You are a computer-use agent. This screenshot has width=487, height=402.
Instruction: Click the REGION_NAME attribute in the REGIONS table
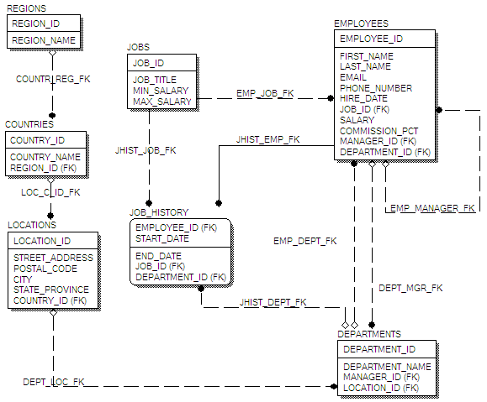click(44, 40)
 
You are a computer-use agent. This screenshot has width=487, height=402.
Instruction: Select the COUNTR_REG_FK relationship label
click(53, 79)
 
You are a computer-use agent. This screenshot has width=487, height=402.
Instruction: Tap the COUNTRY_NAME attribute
click(45, 157)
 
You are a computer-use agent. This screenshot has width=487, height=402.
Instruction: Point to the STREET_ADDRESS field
click(53, 258)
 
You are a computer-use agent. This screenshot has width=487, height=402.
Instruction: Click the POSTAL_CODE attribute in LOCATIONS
click(45, 269)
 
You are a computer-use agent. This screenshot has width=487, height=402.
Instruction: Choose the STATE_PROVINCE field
click(51, 290)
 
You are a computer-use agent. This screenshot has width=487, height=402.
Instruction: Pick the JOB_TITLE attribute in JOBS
click(155, 80)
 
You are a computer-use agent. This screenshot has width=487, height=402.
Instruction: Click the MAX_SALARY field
click(161, 102)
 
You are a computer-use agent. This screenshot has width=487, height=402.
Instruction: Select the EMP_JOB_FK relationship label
click(265, 93)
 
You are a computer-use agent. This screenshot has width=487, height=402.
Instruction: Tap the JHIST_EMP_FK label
click(267, 139)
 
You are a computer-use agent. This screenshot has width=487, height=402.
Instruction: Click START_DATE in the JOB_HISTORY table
click(162, 238)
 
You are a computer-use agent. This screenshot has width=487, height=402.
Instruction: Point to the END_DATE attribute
click(158, 256)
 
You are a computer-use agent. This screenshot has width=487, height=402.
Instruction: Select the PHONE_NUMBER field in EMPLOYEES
click(376, 88)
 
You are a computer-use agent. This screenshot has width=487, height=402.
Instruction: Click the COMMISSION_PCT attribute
click(378, 131)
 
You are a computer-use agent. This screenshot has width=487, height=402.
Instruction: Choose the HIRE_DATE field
click(363, 98)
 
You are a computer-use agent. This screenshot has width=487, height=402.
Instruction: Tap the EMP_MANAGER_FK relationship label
click(432, 208)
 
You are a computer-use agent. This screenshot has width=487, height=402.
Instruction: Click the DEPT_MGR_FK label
click(410, 288)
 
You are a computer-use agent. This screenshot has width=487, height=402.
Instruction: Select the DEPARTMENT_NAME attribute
click(387, 367)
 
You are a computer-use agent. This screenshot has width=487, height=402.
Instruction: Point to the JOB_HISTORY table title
click(159, 212)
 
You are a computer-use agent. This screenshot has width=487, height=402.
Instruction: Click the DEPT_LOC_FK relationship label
click(54, 382)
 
